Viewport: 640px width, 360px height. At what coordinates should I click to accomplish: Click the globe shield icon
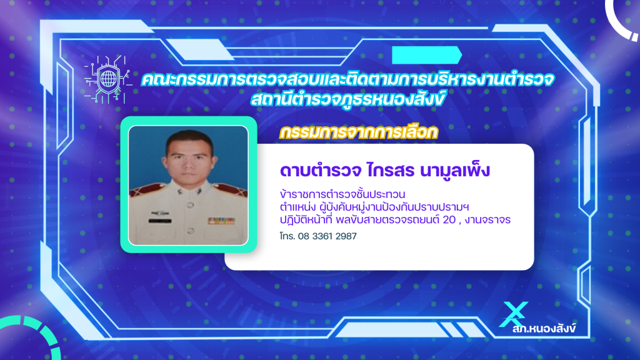click(x=108, y=79)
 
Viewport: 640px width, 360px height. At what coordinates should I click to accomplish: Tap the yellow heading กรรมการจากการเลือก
click(x=359, y=132)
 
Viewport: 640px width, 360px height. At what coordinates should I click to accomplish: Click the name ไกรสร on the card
click(x=391, y=171)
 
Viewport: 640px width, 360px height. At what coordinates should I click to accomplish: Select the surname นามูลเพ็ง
click(x=455, y=171)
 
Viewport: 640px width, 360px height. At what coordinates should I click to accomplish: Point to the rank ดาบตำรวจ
click(x=321, y=171)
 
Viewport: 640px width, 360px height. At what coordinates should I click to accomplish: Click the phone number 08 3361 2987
click(x=327, y=236)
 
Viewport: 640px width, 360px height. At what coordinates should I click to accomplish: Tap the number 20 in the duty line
click(x=449, y=219)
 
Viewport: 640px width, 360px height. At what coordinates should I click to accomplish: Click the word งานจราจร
click(x=487, y=220)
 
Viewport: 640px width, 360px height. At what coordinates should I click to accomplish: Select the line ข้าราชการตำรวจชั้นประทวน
click(x=342, y=194)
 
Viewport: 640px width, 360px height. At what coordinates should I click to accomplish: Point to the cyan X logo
click(x=514, y=314)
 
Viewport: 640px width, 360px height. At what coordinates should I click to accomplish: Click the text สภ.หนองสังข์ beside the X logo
click(x=544, y=329)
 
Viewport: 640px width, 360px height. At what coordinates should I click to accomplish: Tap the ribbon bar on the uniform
click(x=221, y=221)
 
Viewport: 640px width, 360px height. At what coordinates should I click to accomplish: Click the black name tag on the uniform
click(x=159, y=221)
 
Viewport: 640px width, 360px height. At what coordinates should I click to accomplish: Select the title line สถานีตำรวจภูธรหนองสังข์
click(x=347, y=99)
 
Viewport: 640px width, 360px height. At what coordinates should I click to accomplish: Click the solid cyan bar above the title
click(x=427, y=55)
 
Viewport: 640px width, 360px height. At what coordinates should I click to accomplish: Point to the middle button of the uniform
click(x=190, y=204)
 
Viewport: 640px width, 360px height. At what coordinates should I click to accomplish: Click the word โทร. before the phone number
click(x=287, y=236)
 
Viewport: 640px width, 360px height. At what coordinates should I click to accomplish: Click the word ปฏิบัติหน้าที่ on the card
click(x=306, y=219)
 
